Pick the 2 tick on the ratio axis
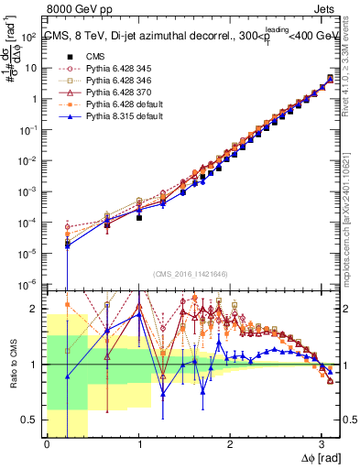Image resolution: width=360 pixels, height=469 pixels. point(34,309)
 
